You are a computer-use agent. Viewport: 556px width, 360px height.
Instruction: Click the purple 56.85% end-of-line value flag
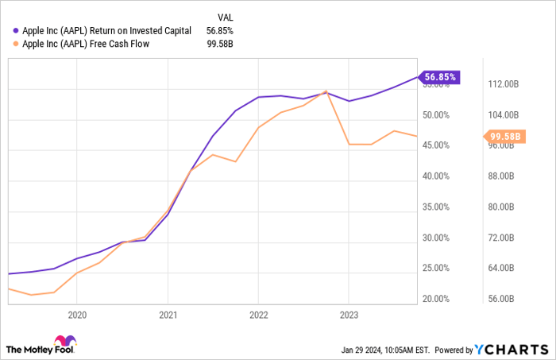coord(441,77)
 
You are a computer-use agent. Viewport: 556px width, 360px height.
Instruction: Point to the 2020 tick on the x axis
coord(77,315)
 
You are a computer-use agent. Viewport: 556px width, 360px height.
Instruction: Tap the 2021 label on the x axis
coord(168,315)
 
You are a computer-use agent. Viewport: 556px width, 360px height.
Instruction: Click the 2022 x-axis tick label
coord(258,315)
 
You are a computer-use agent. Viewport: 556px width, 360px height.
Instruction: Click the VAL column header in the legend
coord(226,17)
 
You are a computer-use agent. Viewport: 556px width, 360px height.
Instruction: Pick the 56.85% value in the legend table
coord(218,30)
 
